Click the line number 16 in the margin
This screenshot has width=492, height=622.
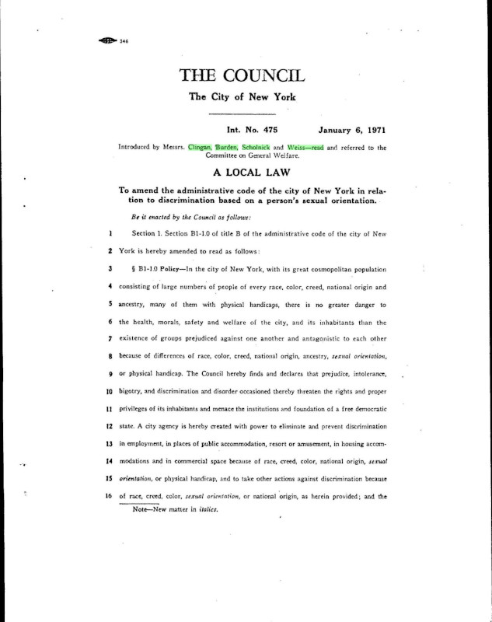(111, 494)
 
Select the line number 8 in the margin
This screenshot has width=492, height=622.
(111, 356)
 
